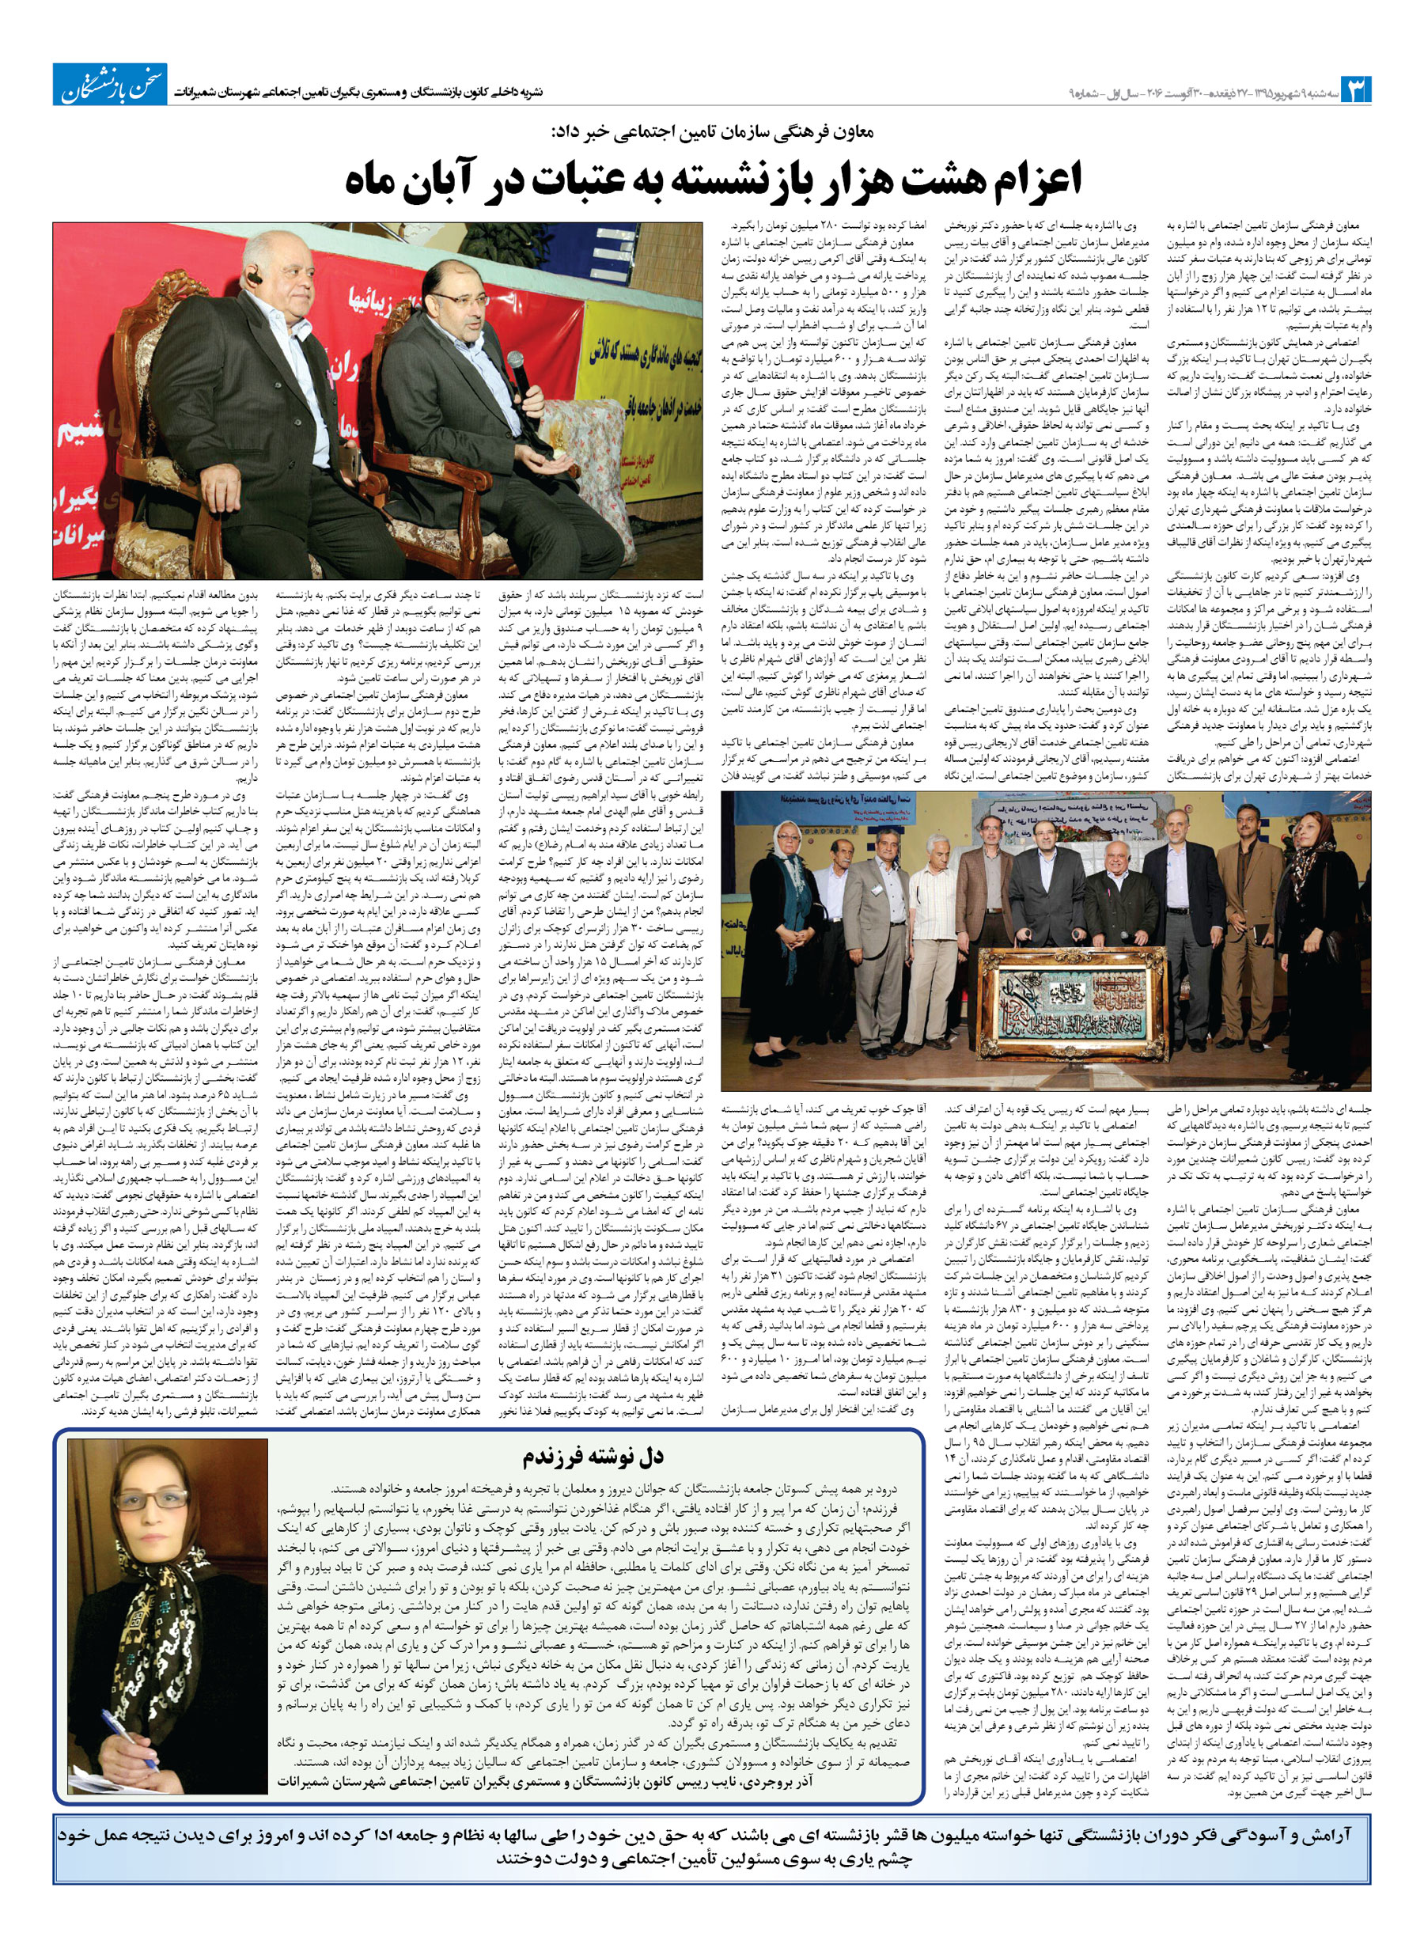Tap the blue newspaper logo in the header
(x=110, y=85)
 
